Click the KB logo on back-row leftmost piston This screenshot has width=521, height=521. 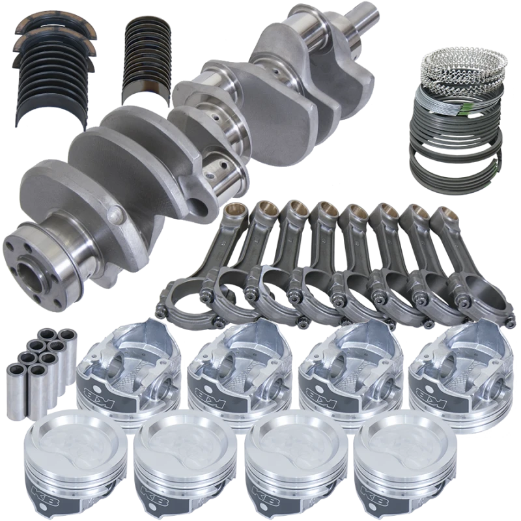[x=90, y=393]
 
